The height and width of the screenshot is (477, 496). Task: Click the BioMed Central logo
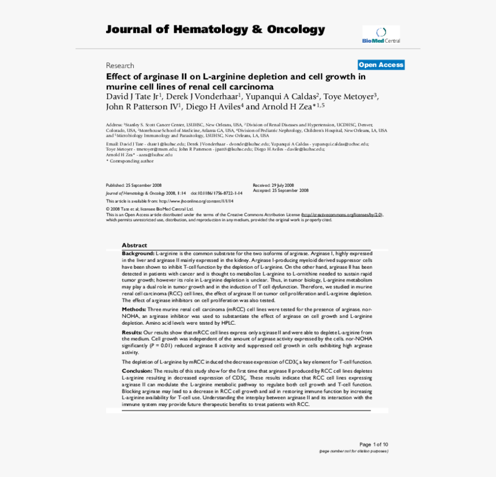coord(381,35)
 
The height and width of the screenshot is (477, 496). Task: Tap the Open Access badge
coord(381,65)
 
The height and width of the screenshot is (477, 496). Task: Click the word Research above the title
coord(120,66)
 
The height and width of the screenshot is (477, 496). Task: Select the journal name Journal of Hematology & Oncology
coord(215,30)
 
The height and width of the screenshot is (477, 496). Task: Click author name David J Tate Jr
coord(133,96)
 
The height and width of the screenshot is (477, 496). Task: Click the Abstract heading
coord(134,245)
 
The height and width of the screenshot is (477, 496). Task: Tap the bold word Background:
coord(138,253)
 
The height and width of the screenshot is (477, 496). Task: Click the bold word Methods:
coord(133,309)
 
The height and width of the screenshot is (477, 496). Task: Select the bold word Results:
coord(132,333)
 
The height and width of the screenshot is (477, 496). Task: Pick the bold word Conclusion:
coord(137,370)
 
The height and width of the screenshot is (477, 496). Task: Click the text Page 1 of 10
coord(373,444)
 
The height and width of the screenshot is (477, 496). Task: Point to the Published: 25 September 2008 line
coord(134,185)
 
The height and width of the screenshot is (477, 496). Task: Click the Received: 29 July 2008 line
coord(273,185)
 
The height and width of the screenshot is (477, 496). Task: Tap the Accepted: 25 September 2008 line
coord(280,190)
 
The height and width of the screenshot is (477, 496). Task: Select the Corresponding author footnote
coord(130,161)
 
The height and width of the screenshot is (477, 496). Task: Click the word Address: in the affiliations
coord(114,125)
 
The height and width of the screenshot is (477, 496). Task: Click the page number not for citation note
coord(354,451)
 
